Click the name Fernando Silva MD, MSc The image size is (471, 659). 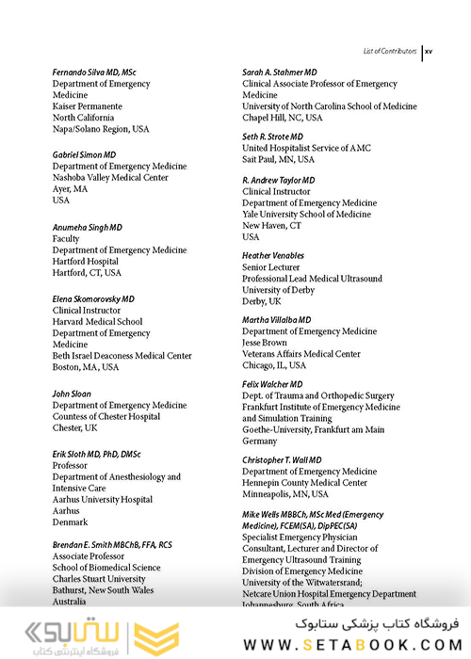click(94, 72)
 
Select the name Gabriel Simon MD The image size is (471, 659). click(85, 154)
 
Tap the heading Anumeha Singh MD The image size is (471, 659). click(88, 227)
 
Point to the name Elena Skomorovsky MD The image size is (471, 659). click(93, 298)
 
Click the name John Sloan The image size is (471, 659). click(72, 394)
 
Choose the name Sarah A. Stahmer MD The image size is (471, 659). click(280, 72)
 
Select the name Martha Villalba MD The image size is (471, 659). click(277, 320)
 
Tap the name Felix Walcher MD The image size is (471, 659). click(272, 384)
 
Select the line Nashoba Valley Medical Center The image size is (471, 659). click(110, 178)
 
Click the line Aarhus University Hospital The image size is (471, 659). click(103, 500)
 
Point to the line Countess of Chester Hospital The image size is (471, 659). click(106, 417)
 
